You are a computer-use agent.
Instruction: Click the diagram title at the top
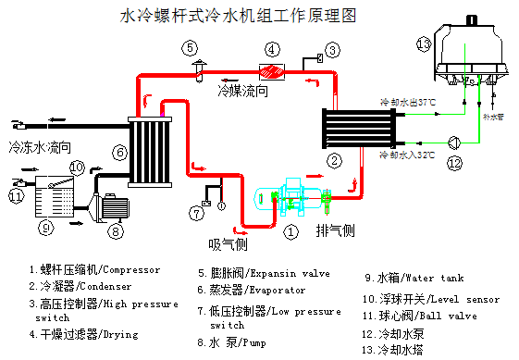click(239, 16)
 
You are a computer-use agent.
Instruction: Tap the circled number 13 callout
click(424, 43)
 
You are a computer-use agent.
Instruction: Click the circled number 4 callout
click(272, 48)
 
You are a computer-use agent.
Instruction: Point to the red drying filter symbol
click(272, 70)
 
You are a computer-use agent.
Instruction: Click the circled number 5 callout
click(189, 46)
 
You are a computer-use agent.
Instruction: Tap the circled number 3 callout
click(334, 48)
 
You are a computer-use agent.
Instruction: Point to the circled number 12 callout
click(453, 163)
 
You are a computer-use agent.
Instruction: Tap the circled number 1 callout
click(290, 232)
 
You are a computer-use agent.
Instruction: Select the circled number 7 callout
click(197, 214)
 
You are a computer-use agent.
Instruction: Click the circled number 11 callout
click(16, 195)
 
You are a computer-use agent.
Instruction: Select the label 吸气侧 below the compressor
click(228, 244)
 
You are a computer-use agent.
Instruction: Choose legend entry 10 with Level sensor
click(439, 299)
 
